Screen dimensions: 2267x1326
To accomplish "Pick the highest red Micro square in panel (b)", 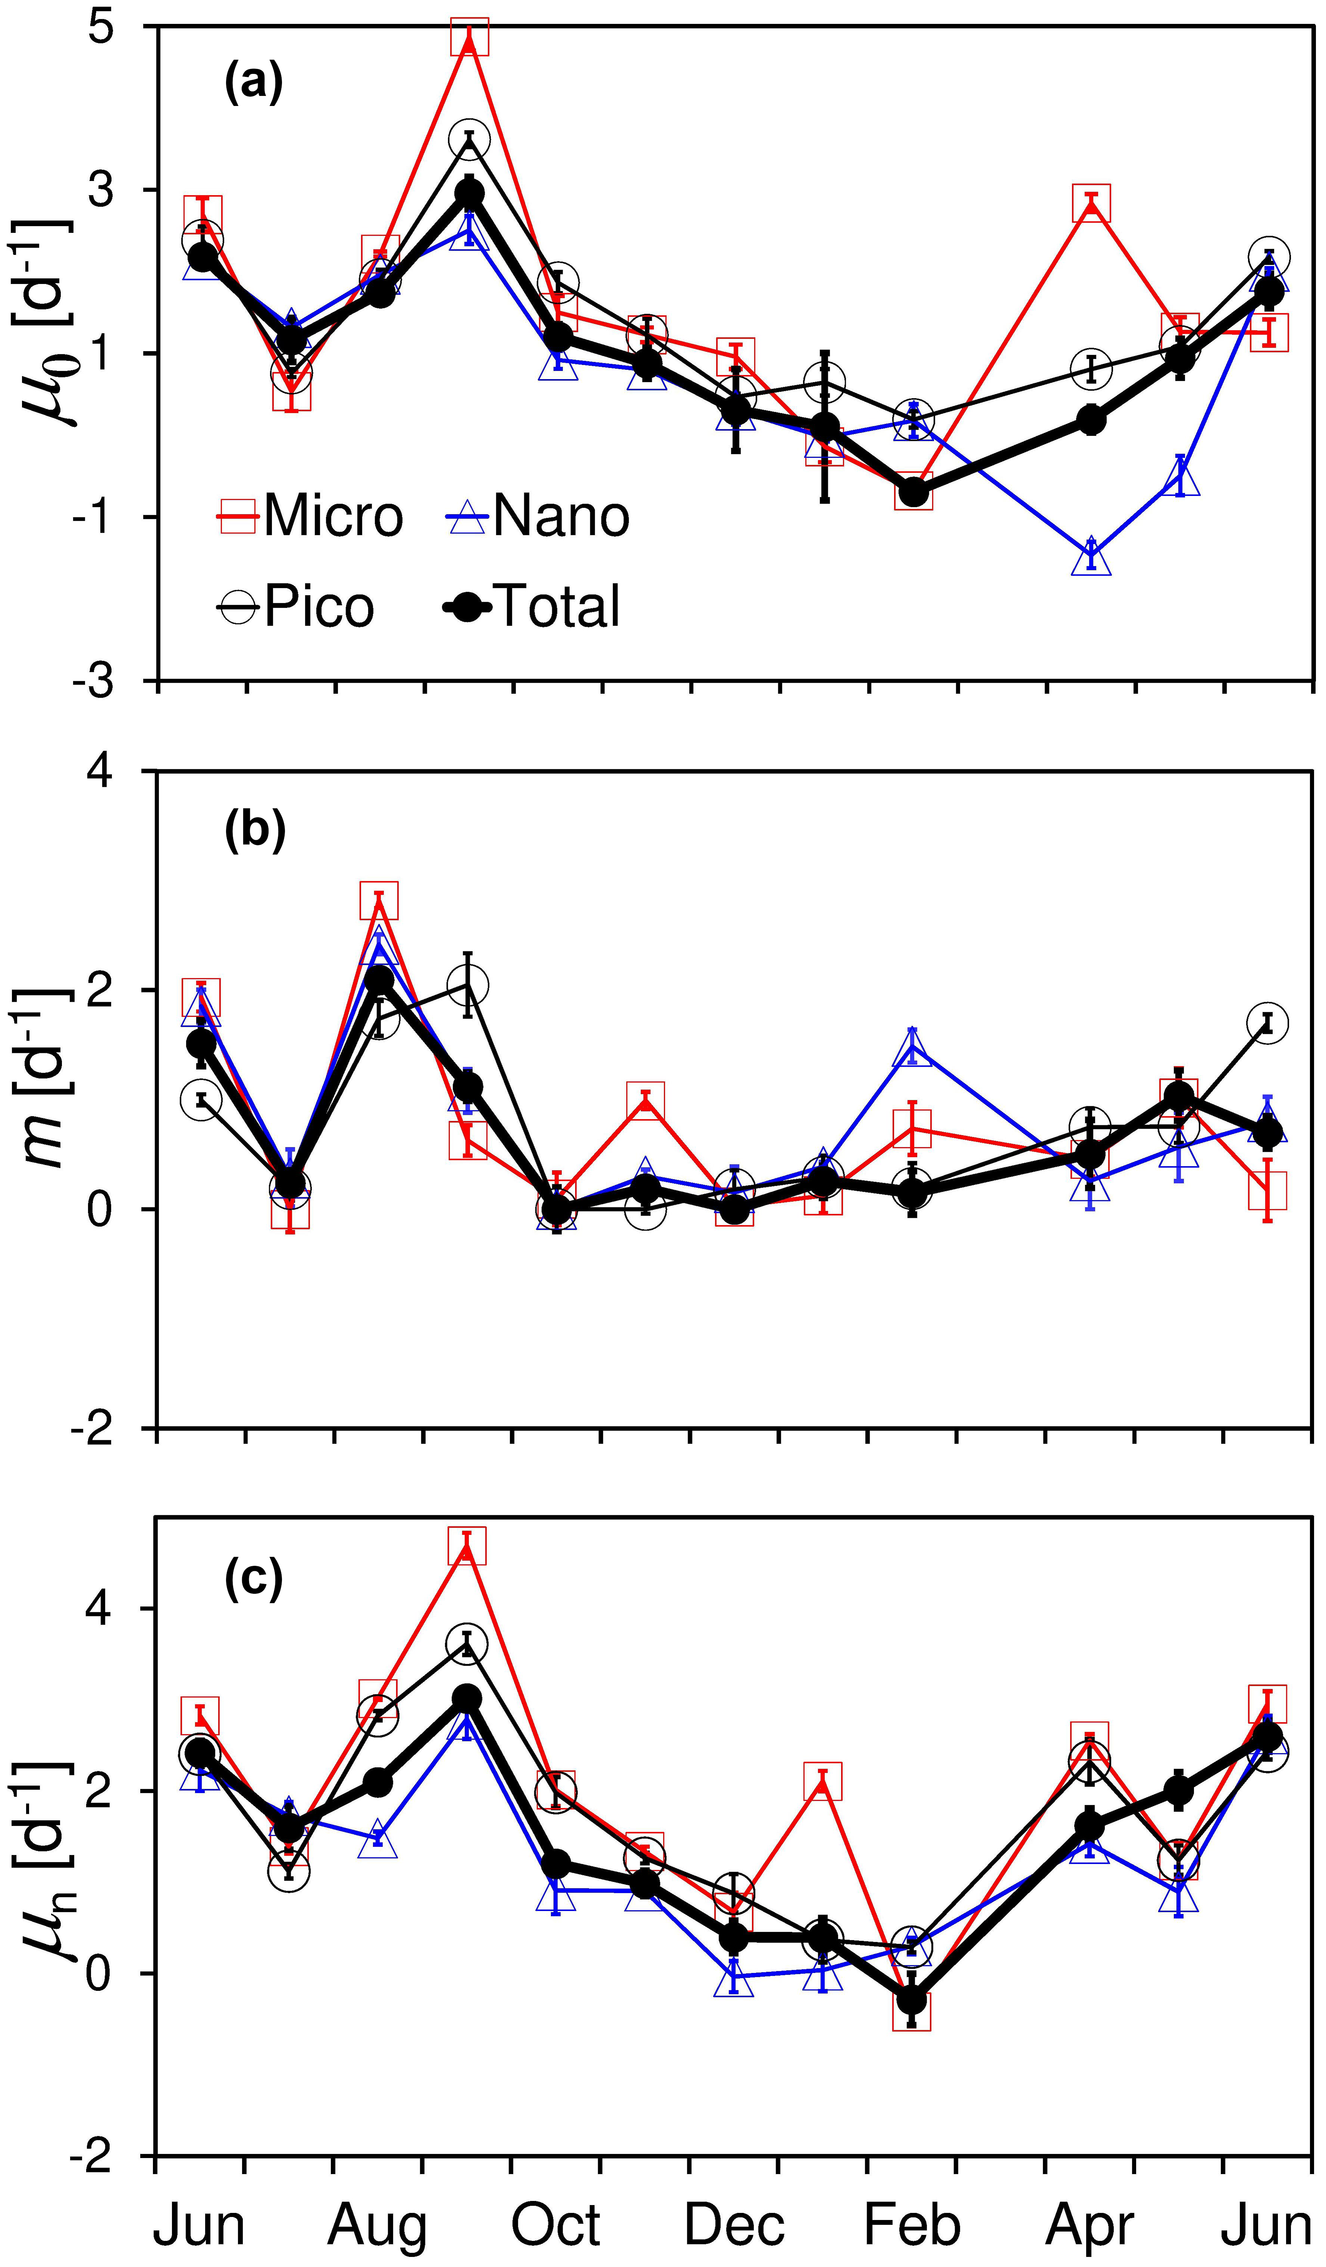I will pos(379,901).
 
